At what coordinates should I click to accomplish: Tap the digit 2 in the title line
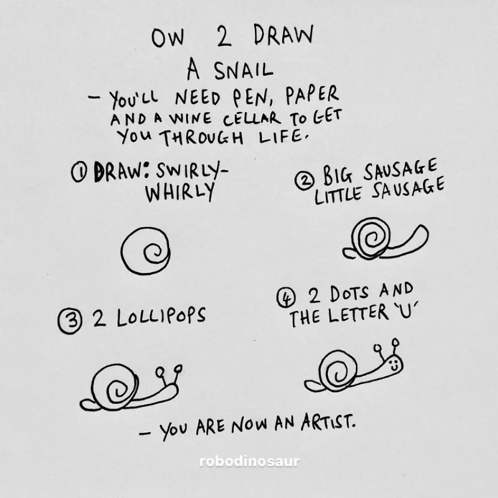224,36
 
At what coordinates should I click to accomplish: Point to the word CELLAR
252,119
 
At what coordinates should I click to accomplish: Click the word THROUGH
201,137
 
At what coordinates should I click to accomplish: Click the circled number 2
305,181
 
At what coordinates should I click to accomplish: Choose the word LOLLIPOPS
161,317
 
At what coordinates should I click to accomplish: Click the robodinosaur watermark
250,461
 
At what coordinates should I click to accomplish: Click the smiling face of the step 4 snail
394,364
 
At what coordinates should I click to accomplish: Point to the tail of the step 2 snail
348,253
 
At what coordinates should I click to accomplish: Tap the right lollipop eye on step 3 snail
178,368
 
